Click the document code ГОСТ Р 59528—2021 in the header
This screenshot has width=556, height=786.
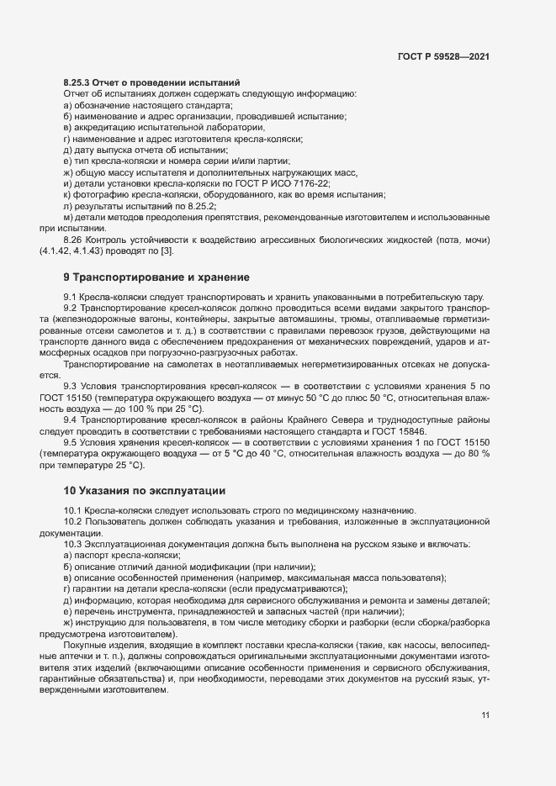[x=443, y=56]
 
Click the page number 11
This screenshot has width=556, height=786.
[x=485, y=715]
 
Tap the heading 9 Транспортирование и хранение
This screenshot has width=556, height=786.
[x=156, y=277]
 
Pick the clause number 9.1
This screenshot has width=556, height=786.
[x=71, y=298]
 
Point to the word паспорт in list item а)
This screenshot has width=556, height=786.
[x=92, y=556]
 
